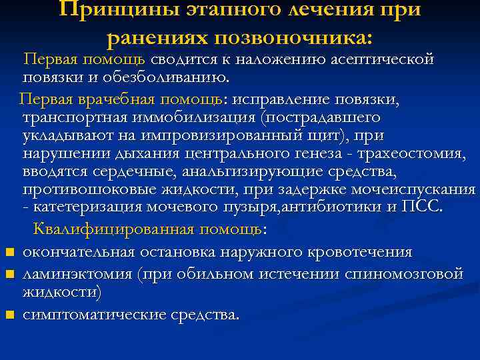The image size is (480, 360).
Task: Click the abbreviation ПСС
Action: pos(423,207)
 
